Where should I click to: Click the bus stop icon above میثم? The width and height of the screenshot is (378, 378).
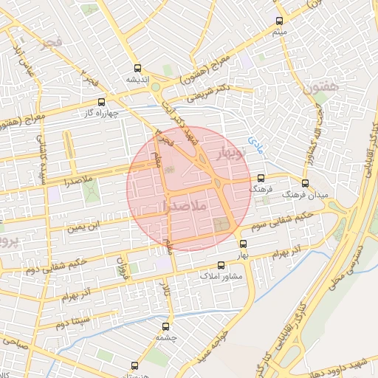coord(278,21)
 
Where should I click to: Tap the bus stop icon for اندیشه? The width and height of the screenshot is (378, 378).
coord(137,68)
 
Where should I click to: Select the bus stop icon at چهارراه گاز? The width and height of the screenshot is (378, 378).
coord(101,102)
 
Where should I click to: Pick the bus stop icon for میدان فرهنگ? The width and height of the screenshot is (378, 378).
coord(305,182)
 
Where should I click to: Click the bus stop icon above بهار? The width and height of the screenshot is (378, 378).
coord(244,243)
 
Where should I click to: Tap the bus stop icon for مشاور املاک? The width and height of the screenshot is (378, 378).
coord(220,265)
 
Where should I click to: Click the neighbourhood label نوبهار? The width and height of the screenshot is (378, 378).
coord(229,150)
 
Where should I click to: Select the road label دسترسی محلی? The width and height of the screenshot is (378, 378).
coord(346,267)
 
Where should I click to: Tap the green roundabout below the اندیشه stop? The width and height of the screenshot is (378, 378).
coord(156,87)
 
